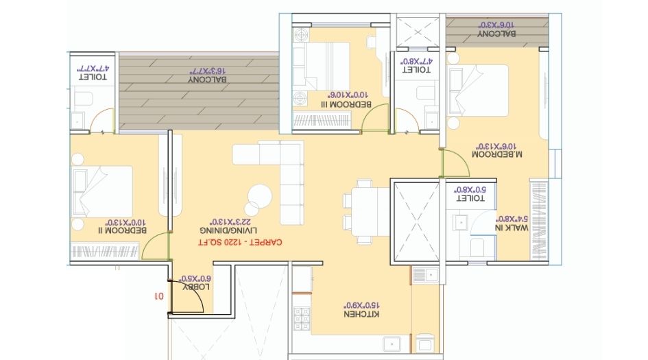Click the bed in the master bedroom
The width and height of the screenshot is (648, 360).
pyautogui.click(x=478, y=90)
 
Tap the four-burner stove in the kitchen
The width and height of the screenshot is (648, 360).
pyautogui.click(x=302, y=323)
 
